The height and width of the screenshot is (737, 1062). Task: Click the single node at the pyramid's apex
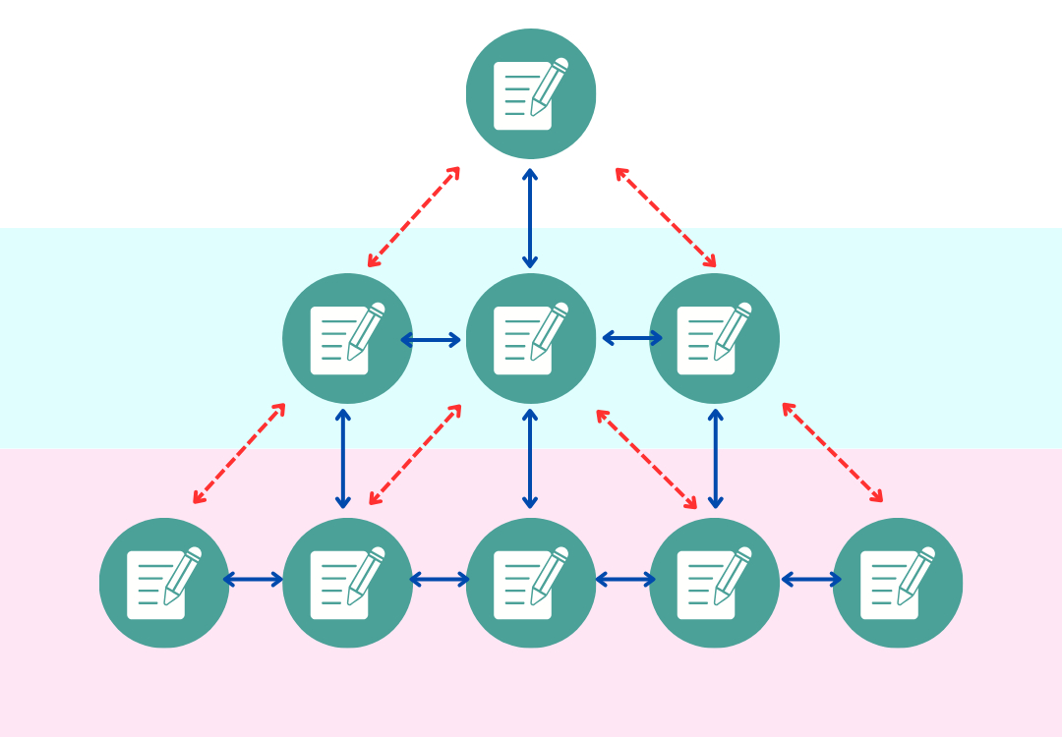pos(531,93)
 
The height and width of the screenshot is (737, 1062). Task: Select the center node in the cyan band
pos(531,338)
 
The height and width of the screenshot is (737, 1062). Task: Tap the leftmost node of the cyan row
pos(347,338)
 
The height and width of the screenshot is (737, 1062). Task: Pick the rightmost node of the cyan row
pos(714,338)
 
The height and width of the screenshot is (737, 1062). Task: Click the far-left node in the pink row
pos(164,583)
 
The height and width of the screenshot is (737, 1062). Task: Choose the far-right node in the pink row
pos(897,583)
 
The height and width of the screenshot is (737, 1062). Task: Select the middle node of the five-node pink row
pos(531,583)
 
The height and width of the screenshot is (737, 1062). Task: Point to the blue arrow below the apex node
pos(530,218)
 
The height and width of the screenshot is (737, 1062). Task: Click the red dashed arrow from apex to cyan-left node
pos(414,216)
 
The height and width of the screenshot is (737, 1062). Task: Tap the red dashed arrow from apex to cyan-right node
pos(666,217)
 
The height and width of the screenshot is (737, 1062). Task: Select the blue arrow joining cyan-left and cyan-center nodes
pos(431,340)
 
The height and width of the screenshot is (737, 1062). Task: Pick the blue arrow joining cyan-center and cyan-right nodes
pos(632,338)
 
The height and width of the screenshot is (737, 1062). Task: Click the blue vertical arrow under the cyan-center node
pos(530,459)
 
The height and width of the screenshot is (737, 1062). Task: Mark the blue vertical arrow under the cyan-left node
pos(343,459)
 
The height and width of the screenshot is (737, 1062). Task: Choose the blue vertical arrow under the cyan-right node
pos(716,459)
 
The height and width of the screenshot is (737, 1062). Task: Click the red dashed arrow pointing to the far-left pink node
pos(239,453)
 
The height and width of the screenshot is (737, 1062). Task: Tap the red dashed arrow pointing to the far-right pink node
pos(832,452)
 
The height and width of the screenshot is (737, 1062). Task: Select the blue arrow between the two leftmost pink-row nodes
pos(254,580)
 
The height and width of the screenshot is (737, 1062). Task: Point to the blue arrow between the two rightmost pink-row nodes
pos(811,580)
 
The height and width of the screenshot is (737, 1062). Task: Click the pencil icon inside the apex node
pos(549,86)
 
